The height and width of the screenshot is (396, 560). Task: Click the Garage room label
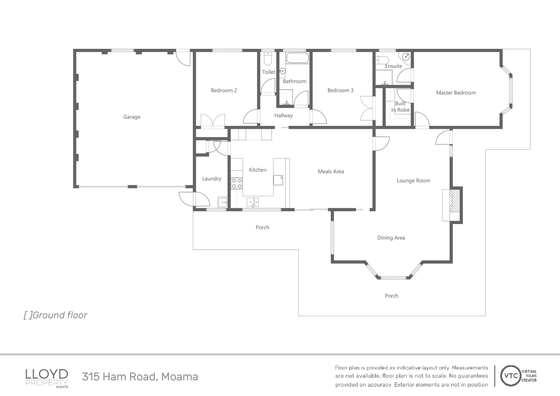[x=132, y=117]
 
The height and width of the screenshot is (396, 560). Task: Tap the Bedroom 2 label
[x=224, y=90]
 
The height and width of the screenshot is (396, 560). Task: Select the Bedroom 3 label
[x=340, y=90]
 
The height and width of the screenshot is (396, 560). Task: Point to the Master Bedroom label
[x=456, y=93]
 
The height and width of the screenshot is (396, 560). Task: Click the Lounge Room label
[x=413, y=180]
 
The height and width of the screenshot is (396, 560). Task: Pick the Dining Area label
[x=391, y=238]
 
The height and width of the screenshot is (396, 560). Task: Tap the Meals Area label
[x=331, y=171]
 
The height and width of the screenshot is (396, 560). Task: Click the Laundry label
[x=212, y=179]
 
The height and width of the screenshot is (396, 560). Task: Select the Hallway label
[x=283, y=115]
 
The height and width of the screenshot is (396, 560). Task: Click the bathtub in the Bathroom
[x=297, y=58]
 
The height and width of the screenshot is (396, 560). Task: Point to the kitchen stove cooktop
[x=237, y=183]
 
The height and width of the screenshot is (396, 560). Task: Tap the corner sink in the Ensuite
[x=406, y=57]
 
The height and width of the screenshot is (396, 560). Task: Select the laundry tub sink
[x=222, y=202]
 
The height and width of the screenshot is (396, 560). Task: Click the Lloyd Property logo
[x=47, y=378]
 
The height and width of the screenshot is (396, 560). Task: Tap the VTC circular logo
[x=511, y=376]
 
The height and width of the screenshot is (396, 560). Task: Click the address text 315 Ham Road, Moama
[x=140, y=377]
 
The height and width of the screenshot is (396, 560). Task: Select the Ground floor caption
[x=55, y=315]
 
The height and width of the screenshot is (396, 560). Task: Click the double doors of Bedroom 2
[x=213, y=121]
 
